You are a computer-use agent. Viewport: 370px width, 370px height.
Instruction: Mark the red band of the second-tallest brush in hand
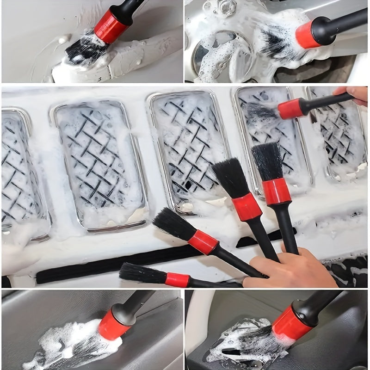[x=247, y=206]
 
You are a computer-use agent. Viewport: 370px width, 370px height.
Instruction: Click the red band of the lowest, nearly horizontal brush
[x=178, y=280]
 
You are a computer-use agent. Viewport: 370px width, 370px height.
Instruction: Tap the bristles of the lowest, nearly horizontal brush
[x=141, y=273]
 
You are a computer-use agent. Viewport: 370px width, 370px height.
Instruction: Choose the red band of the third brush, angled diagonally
[x=203, y=242]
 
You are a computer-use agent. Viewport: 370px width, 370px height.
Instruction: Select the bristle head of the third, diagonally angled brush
[x=173, y=224]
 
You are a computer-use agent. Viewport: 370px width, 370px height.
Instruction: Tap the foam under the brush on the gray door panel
[x=69, y=342]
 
